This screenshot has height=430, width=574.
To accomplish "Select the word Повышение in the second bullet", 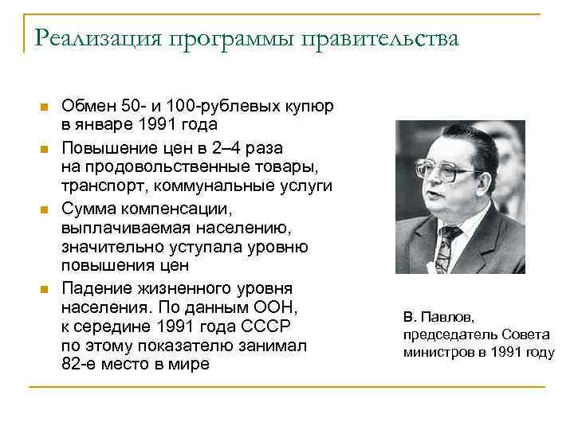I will click(104, 147).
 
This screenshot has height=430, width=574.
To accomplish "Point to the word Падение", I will click(91, 287).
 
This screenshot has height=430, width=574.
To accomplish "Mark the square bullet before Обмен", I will click(44, 107).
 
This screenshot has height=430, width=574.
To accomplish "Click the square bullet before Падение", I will click(44, 287).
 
